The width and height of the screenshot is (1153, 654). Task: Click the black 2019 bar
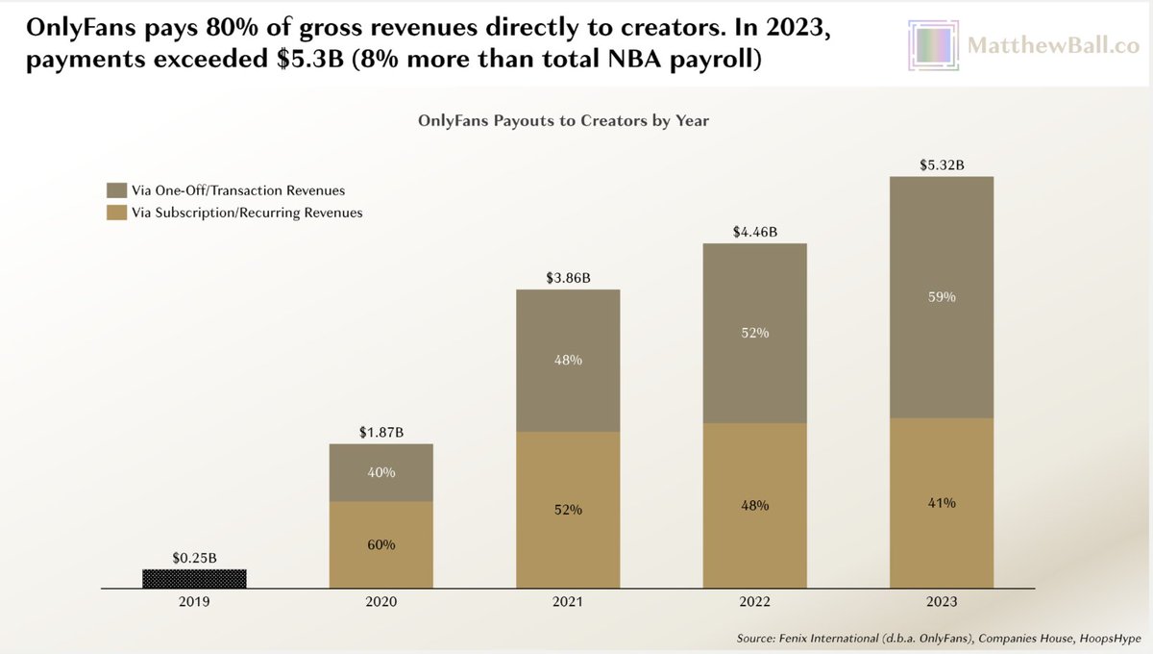(x=194, y=578)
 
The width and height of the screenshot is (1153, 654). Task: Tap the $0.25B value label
(x=194, y=558)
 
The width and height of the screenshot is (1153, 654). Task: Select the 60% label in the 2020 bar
(x=380, y=544)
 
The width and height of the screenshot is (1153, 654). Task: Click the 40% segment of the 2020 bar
(x=380, y=472)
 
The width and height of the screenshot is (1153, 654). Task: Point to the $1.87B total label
(x=380, y=433)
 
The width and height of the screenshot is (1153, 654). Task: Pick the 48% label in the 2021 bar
(x=567, y=360)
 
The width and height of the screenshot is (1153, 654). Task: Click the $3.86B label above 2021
(x=567, y=278)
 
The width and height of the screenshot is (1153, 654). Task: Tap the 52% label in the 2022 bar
(x=754, y=333)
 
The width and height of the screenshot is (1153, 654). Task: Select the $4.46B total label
(x=754, y=232)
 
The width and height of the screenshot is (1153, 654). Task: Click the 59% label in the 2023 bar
(x=942, y=297)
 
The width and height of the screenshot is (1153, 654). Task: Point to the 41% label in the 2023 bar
(x=942, y=502)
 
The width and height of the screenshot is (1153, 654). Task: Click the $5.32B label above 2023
(x=942, y=165)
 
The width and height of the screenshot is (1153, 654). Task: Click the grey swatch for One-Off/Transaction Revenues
(x=115, y=190)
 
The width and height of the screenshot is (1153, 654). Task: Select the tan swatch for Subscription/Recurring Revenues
(x=115, y=213)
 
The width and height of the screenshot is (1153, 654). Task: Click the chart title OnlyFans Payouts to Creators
(x=563, y=122)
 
